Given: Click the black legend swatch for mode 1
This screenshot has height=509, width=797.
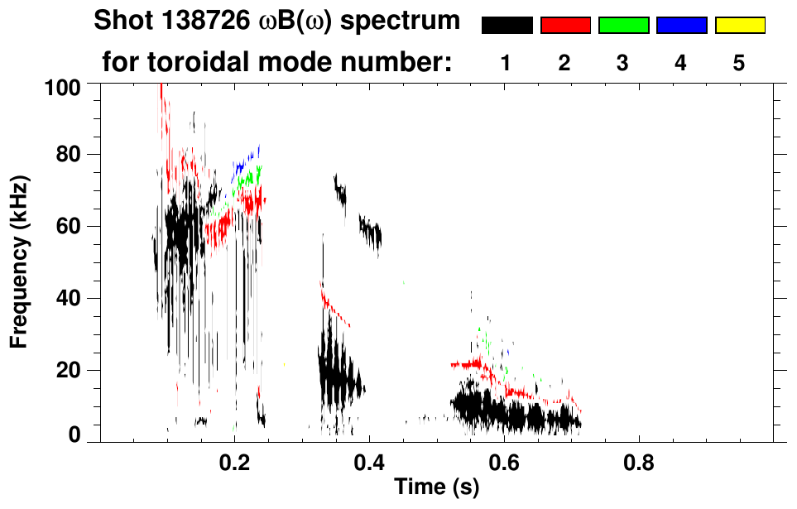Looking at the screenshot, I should point(507,26).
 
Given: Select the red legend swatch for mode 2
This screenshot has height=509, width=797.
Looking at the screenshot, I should point(565,26).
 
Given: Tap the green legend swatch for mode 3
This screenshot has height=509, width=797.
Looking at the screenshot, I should point(623,26).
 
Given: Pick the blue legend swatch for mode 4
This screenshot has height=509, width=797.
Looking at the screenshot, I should point(681,26).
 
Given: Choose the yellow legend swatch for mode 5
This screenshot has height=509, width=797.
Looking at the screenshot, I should point(739,26).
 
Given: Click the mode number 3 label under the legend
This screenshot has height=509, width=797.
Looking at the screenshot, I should point(623,62).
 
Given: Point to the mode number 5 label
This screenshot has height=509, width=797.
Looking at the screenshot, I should point(739,62).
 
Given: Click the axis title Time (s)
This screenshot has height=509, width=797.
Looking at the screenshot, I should point(436,487).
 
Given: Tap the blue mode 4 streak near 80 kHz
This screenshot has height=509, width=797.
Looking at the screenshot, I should point(247,159).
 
